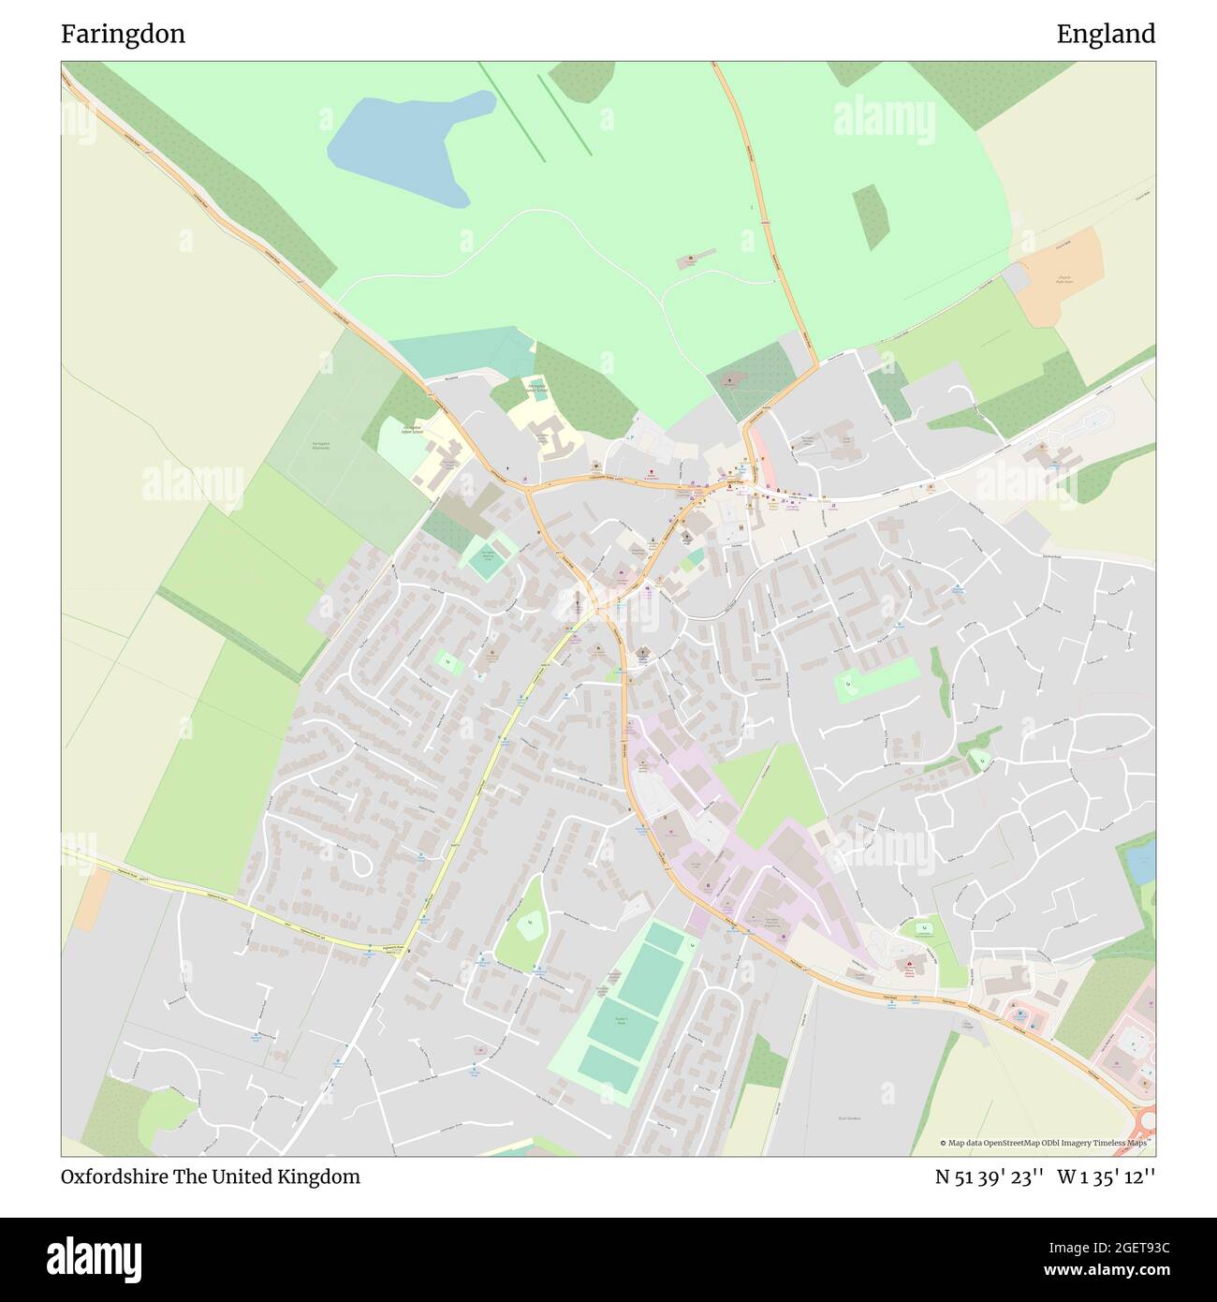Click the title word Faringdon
[123, 34]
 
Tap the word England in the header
[1106, 34]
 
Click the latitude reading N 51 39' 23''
[990, 1176]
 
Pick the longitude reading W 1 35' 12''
[1106, 1176]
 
